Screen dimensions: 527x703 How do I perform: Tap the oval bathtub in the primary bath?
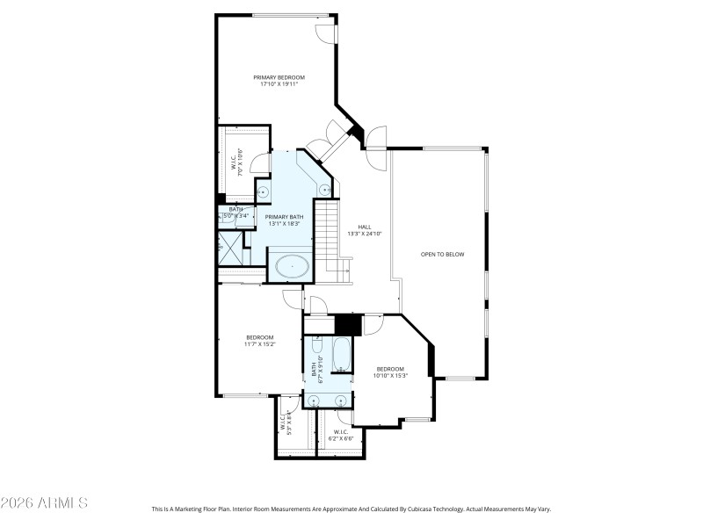293,265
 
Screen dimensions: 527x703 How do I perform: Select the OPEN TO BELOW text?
441,255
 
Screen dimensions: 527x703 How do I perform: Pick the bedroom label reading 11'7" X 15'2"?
259,341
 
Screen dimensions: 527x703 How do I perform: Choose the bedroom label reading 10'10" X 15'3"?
389,372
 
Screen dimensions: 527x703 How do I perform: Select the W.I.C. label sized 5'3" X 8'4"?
286,423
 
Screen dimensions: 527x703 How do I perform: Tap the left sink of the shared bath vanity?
315,401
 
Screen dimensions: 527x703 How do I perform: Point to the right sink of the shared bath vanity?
341,401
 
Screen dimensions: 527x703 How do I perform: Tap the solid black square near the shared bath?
349,324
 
